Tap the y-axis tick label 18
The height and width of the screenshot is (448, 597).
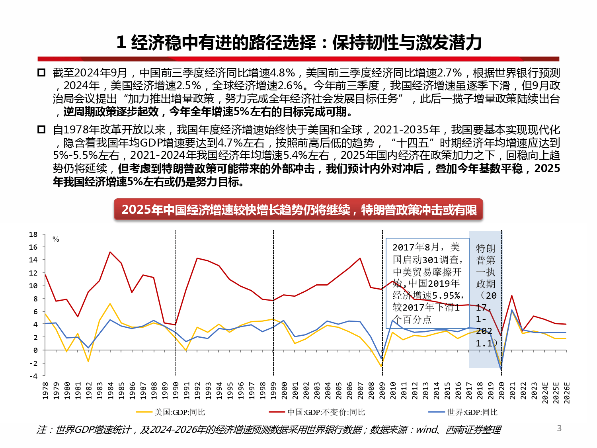pos(33,235)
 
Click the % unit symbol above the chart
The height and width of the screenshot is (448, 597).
pos(56,239)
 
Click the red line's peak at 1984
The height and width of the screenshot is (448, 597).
pos(110,252)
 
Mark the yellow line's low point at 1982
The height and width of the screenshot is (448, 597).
pos(88,361)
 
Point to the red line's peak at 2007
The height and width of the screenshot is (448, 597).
pos(360,258)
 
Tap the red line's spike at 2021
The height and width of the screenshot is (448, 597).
pos(512,295)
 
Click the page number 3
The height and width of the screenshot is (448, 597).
pos(559,428)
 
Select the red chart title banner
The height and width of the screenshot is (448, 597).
pos(298,209)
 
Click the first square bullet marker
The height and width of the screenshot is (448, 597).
pos(41,73)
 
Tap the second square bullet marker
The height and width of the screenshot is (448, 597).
pos(41,130)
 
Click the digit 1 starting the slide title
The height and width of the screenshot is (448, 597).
pos(121,43)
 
